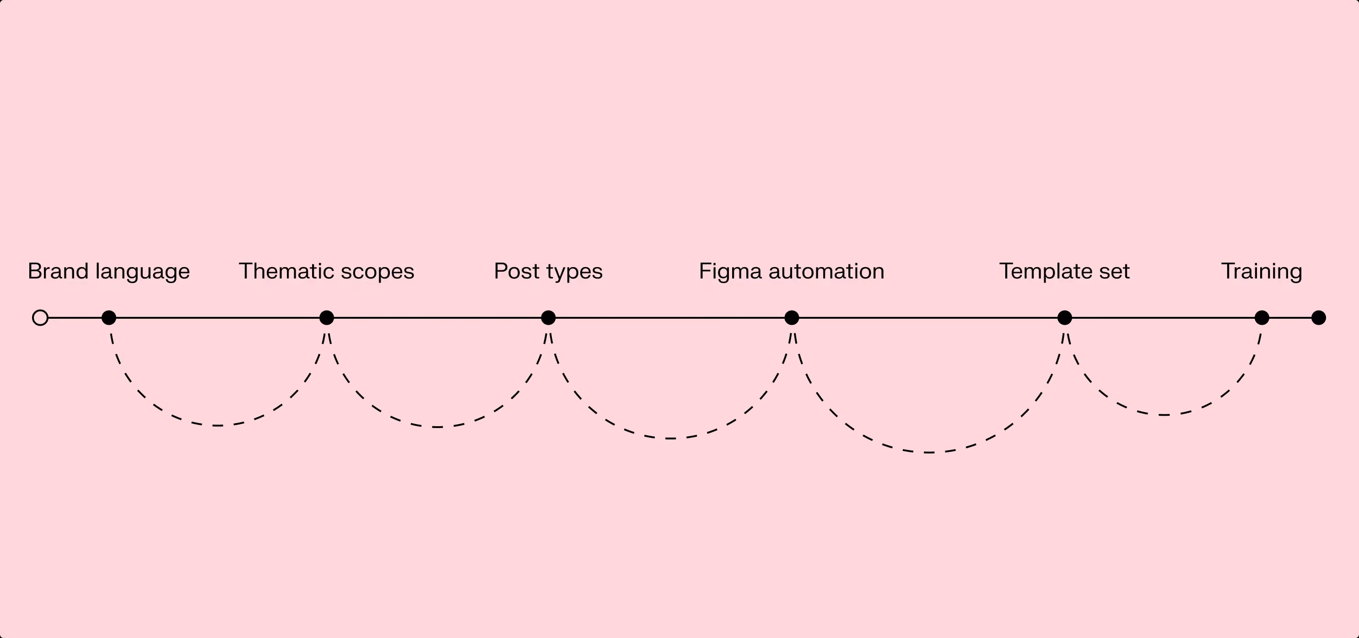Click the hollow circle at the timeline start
[x=40, y=318]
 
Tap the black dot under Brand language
[x=109, y=318]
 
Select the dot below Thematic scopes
[x=327, y=318]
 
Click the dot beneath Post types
[x=548, y=318]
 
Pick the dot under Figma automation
[x=791, y=318]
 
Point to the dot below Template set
[x=1065, y=318]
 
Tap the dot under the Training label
[x=1262, y=318]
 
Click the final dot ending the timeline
[x=1318, y=318]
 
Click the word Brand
[x=58, y=271]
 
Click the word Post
[x=517, y=271]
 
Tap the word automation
[x=826, y=271]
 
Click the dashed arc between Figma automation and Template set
[x=928, y=452]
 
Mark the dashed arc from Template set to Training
[x=1163, y=414]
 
